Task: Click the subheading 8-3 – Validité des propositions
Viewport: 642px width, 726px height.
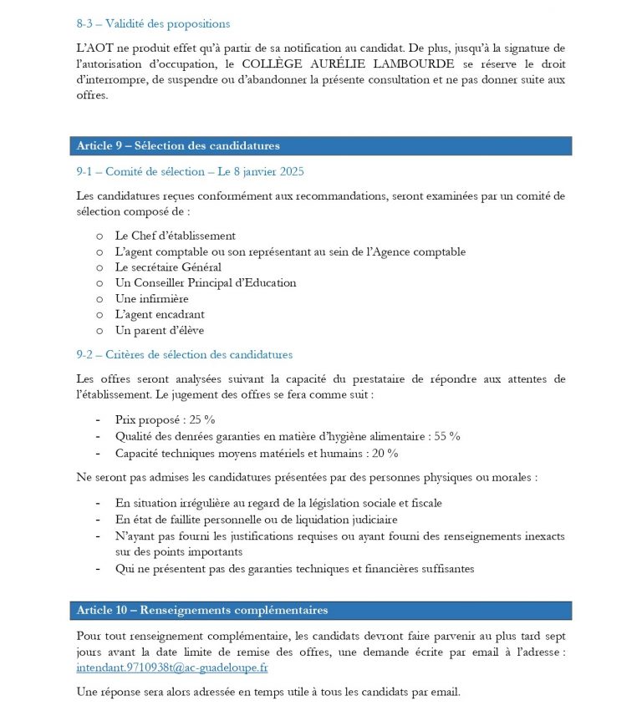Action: click(x=152, y=24)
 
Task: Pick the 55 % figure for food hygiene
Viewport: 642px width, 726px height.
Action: click(x=447, y=436)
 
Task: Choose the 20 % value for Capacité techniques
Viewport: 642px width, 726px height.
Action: click(x=385, y=453)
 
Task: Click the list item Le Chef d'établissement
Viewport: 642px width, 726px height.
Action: click(x=175, y=236)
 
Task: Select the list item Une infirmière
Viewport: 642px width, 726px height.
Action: click(x=151, y=298)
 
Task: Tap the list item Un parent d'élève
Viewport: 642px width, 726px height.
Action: click(x=159, y=330)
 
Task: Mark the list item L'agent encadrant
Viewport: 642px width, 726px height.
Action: click(x=159, y=314)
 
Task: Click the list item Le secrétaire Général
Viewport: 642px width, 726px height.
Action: click(x=167, y=267)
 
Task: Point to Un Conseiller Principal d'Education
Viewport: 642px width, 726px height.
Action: click(x=205, y=282)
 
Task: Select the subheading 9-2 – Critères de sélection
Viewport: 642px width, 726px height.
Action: click(x=184, y=355)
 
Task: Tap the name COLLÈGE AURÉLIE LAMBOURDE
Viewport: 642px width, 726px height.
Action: click(x=349, y=63)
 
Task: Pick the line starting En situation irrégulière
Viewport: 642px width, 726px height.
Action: click(x=278, y=503)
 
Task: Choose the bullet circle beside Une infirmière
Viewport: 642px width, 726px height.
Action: click(x=100, y=299)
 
